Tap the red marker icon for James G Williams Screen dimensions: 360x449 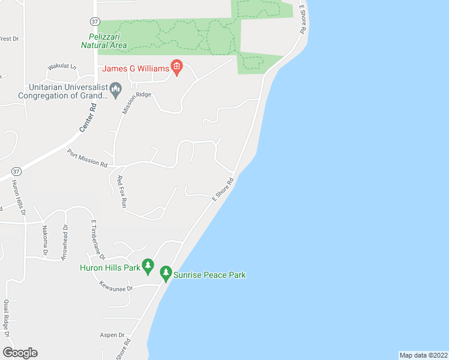(176, 68)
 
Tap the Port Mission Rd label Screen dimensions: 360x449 (87, 158)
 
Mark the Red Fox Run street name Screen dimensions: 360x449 (122, 191)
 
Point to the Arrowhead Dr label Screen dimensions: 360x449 (64, 242)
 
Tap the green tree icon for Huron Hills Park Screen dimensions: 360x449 (148, 267)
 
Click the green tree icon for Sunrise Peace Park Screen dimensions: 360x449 (166, 275)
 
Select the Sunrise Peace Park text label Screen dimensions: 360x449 (209, 275)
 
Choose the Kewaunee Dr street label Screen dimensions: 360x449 (116, 287)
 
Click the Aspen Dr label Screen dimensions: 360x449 (113, 335)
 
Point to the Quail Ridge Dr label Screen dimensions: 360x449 (7, 327)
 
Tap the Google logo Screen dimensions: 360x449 (20, 352)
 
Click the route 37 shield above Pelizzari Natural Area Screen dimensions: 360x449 (95, 21)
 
